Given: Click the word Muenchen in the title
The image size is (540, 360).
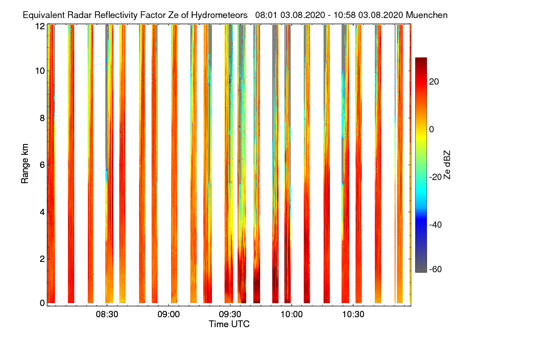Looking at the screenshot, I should click(x=427, y=15).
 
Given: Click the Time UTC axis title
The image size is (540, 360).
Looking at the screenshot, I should click(x=229, y=324).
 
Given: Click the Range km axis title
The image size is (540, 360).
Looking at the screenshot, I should click(x=25, y=165).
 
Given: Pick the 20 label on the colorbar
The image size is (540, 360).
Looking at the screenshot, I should click(x=434, y=81).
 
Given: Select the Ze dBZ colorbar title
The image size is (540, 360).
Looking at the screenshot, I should click(x=447, y=165).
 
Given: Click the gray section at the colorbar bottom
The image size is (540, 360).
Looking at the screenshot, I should click(x=421, y=270).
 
